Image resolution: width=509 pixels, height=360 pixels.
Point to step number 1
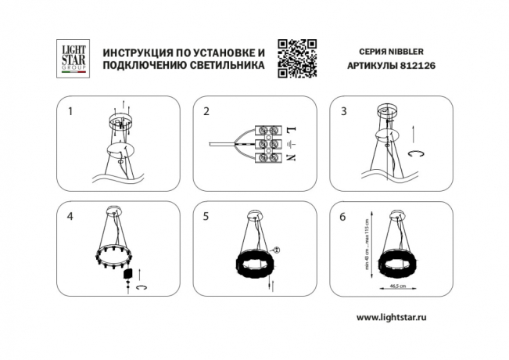70,112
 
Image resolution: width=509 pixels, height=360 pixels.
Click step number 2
206,112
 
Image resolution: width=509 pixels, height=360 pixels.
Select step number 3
343,112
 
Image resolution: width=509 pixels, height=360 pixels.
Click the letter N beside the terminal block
289,160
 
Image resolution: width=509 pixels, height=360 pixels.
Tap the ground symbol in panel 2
289,144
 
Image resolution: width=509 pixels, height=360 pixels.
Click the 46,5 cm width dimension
397,286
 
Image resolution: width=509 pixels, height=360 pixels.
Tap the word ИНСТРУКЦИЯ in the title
135,52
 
